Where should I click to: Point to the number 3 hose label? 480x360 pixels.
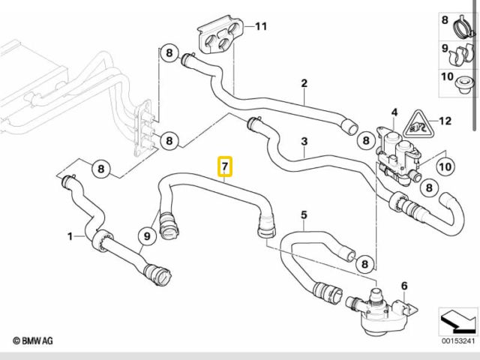[x=304, y=141]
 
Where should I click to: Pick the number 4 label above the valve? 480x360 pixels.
[x=393, y=113]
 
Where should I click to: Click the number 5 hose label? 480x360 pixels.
[x=304, y=215]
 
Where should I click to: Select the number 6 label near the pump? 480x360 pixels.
[x=404, y=286]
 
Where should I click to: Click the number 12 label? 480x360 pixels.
[x=445, y=120]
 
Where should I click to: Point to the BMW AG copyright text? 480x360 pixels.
[x=31, y=342]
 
